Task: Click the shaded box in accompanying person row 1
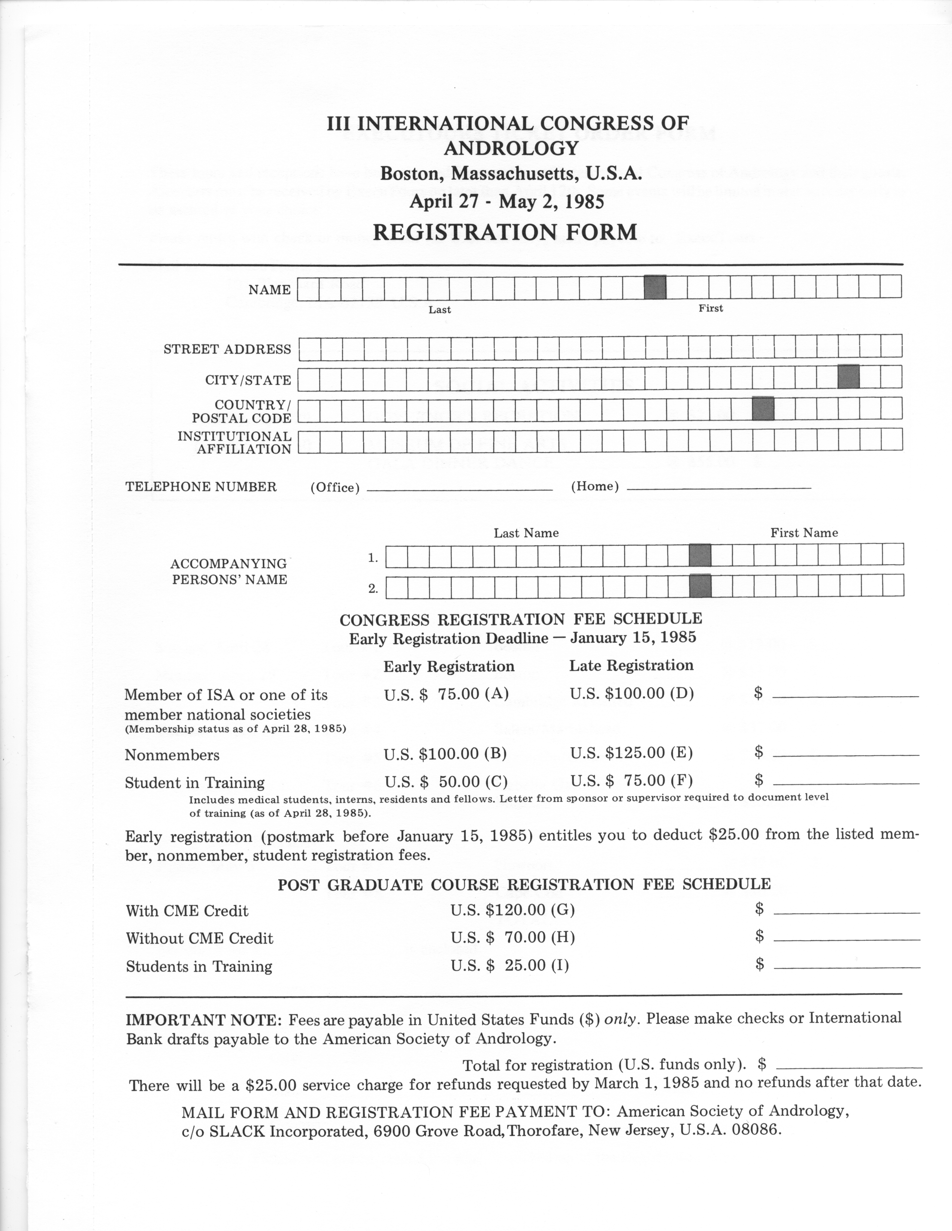pyautogui.click(x=700, y=555)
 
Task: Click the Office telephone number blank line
pyautogui.click(x=460, y=489)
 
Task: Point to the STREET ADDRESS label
pyautogui.click(x=227, y=349)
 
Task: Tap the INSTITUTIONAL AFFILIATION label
pyautogui.click(x=235, y=442)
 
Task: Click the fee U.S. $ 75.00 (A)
pyautogui.click(x=446, y=693)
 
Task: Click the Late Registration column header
pyautogui.click(x=631, y=666)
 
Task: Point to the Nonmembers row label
pyautogui.click(x=172, y=755)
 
